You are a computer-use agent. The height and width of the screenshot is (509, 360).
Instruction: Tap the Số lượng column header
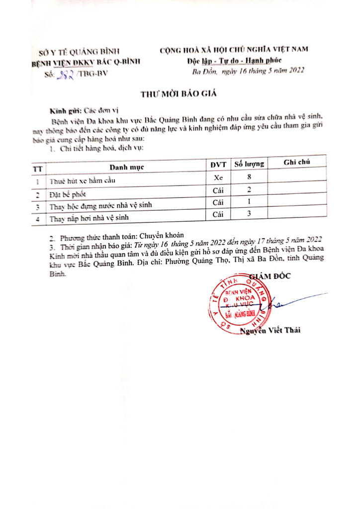tap(249, 164)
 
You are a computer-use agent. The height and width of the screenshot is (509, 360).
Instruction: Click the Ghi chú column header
tap(297, 163)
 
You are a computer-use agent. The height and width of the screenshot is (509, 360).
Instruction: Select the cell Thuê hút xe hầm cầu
tap(82, 181)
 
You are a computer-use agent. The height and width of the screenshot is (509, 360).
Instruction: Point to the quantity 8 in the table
tap(250, 176)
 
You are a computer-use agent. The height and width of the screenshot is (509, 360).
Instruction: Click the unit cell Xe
tap(218, 177)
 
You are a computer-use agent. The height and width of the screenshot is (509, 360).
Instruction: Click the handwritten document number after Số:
tap(66, 73)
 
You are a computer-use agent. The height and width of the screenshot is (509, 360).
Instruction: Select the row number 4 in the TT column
tap(38, 218)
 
